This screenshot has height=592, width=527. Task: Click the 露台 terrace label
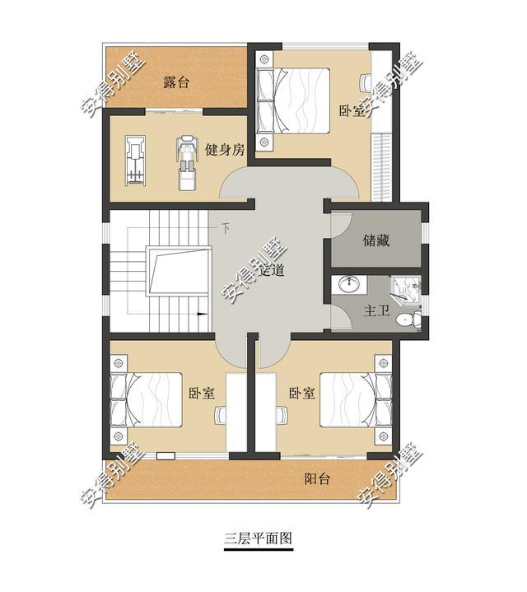click(x=176, y=82)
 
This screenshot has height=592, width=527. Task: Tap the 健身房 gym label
click(x=225, y=150)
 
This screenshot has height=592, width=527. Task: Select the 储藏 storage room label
click(x=375, y=241)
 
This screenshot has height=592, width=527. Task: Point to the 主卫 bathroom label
click(x=376, y=311)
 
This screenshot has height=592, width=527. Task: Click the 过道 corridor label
click(x=273, y=270)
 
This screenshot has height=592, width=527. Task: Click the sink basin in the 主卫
click(x=350, y=285)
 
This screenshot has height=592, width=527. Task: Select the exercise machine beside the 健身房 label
click(x=187, y=161)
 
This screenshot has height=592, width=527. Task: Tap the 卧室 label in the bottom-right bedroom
click(x=302, y=394)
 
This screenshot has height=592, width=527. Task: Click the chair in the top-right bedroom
click(x=366, y=82)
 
